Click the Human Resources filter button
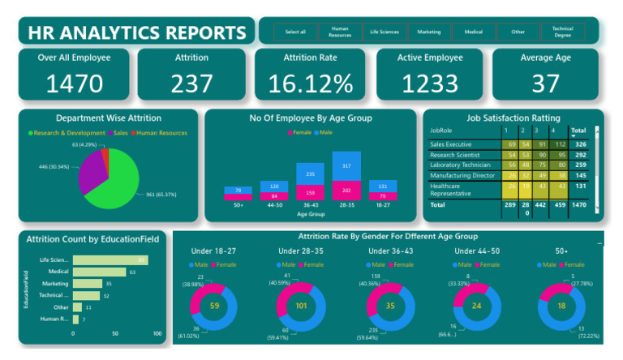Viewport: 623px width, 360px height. (339, 32)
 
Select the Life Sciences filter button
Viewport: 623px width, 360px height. (384, 32)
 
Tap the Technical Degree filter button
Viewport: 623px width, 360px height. (562, 32)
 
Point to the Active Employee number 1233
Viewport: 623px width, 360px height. (430, 83)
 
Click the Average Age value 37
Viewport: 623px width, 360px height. (545, 83)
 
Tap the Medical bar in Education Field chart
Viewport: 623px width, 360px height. (99, 272)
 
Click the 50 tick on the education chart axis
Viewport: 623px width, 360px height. (115, 333)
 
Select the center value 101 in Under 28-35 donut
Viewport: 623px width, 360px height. (302, 306)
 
